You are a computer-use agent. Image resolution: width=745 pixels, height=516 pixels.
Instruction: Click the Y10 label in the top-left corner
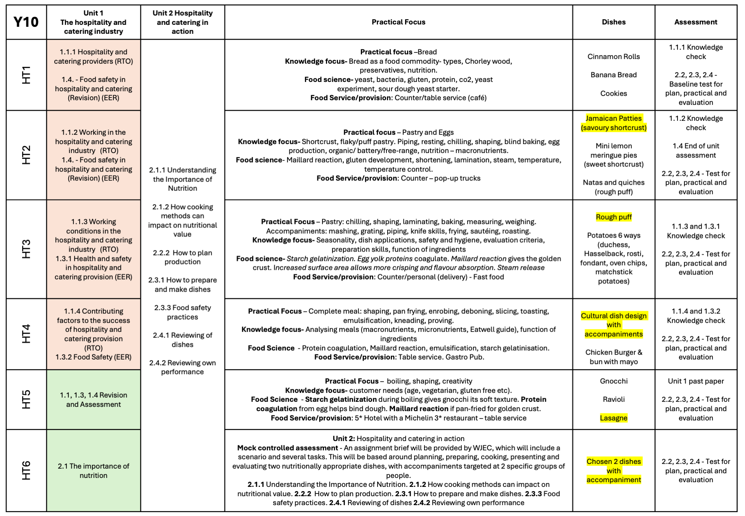26,22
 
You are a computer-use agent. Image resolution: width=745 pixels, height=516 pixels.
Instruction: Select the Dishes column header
613,22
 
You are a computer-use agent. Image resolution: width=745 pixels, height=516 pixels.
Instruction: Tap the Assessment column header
695,22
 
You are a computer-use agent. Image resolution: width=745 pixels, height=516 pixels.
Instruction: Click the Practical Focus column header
398,22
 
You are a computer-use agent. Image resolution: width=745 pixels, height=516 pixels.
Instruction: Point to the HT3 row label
26,249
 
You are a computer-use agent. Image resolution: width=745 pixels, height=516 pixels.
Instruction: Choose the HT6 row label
26,470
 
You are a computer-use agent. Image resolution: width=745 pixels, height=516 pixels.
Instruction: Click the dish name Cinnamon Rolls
613,57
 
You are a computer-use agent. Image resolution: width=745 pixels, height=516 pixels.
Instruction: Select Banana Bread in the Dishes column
613,75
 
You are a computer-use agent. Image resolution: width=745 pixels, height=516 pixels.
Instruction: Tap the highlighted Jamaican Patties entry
613,123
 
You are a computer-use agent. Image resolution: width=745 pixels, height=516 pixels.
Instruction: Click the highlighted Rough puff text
613,217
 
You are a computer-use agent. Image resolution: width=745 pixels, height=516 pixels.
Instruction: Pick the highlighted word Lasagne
613,418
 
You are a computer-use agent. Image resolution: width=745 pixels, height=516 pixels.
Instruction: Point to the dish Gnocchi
613,381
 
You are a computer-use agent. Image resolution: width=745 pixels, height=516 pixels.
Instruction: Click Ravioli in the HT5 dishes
613,400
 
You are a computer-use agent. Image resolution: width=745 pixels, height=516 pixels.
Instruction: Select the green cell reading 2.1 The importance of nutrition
93,471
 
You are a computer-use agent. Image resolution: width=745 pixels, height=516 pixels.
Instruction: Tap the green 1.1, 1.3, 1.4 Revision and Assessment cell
93,400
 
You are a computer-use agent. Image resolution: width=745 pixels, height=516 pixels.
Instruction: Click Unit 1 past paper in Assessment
695,381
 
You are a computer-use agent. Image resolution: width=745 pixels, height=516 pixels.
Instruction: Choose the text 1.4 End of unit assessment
695,151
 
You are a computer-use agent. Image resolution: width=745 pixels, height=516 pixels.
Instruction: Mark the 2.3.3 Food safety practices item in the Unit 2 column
182,313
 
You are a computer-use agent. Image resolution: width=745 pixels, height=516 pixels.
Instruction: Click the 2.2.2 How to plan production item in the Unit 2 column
182,257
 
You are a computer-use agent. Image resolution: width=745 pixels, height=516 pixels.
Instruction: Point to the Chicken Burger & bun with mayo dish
613,357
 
